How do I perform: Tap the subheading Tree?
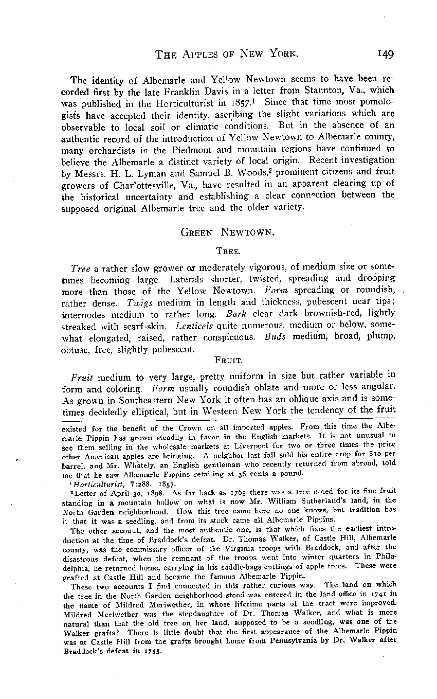coord(226,251)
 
